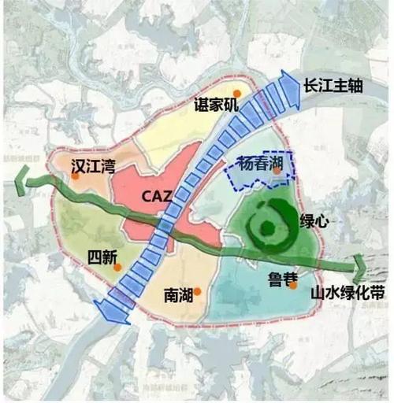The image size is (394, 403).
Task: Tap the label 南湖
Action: [178, 294]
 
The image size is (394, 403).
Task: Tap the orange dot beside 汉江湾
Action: [75, 176]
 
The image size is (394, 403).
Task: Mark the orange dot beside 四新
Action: [117, 267]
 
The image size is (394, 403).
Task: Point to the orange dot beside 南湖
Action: [198, 292]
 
